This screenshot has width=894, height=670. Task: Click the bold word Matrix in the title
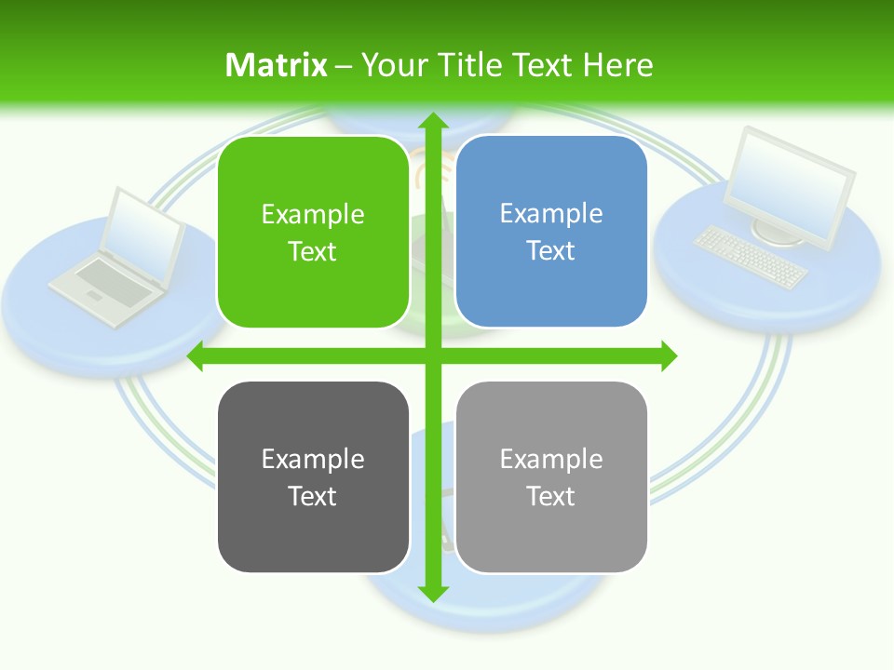pyautogui.click(x=276, y=65)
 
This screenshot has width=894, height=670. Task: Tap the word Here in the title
pyautogui.click(x=617, y=65)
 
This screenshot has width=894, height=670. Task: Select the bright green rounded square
pyautogui.click(x=313, y=233)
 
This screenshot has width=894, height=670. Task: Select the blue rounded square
pyautogui.click(x=551, y=232)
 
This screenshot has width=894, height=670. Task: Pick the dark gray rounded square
pyautogui.click(x=313, y=477)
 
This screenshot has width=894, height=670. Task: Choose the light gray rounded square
pyautogui.click(x=551, y=477)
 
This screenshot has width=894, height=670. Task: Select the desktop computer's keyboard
pyautogui.click(x=750, y=257)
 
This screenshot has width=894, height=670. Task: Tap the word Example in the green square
pyautogui.click(x=313, y=214)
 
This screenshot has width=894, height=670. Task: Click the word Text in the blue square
pyautogui.click(x=551, y=251)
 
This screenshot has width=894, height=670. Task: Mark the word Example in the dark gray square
pyautogui.click(x=313, y=459)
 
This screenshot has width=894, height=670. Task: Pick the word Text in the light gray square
pyautogui.click(x=551, y=496)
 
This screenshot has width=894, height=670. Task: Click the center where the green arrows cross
pyautogui.click(x=432, y=355)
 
